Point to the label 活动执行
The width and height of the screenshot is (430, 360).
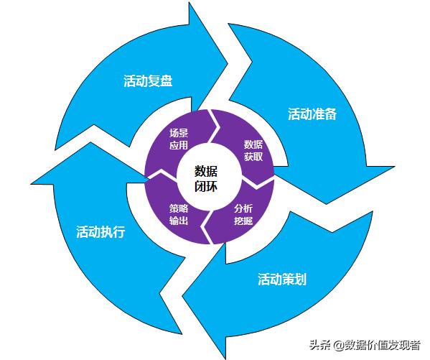tap(101, 232)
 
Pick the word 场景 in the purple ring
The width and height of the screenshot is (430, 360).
tap(179, 133)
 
